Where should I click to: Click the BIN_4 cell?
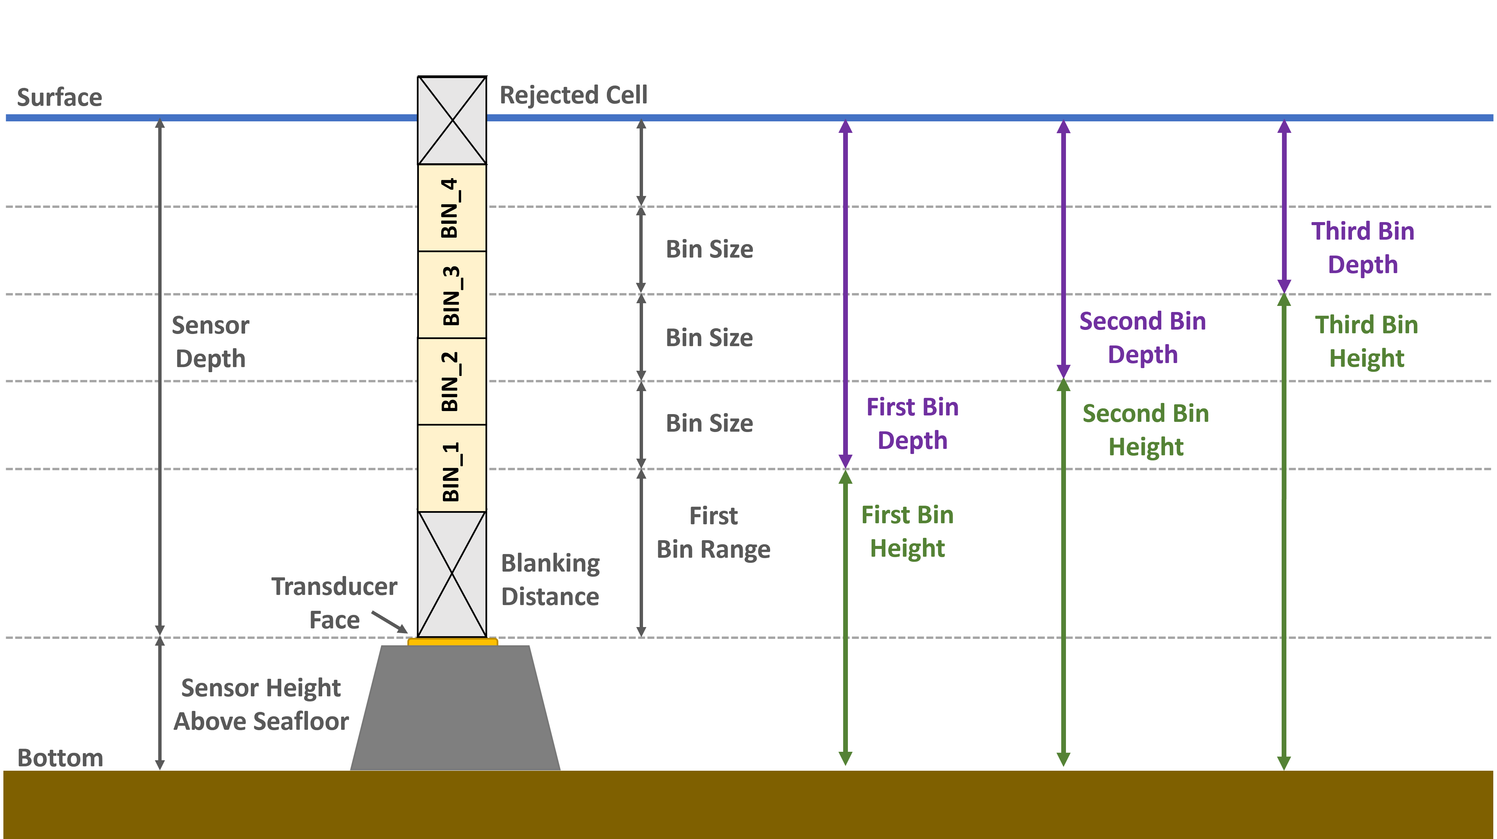pos(452,208)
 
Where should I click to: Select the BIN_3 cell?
pos(452,294)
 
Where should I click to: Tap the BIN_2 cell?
pos(452,381)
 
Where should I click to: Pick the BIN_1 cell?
pos(452,468)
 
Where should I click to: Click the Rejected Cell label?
pos(573,95)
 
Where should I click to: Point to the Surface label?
pos(59,97)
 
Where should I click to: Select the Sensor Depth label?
pos(210,342)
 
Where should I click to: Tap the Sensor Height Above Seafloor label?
pos(261,704)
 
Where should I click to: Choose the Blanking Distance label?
pos(550,579)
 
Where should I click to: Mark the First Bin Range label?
pos(713,532)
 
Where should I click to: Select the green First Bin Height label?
pos(907,531)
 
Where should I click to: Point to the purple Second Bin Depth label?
pos(1142,338)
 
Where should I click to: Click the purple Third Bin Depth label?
pos(1363,247)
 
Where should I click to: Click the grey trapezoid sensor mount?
pos(455,709)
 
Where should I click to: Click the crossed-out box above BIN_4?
pos(452,120)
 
